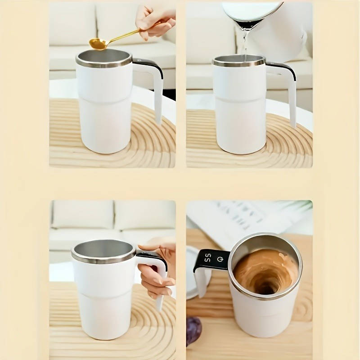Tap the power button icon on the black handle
[220, 259]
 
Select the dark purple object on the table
[194, 331]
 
